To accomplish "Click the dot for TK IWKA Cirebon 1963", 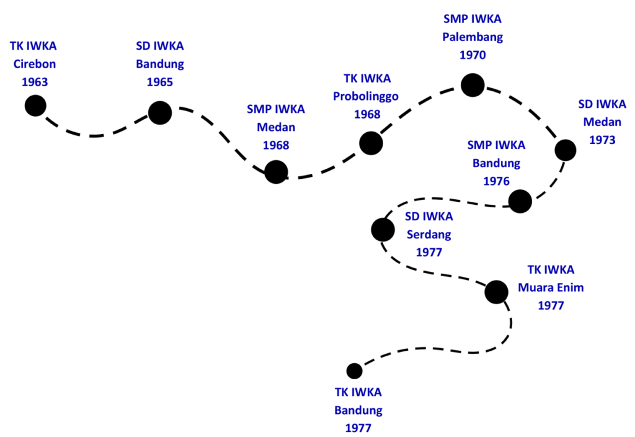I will tap(35, 106).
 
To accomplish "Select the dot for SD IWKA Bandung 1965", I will tap(160, 112).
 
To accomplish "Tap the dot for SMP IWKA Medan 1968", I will tap(276, 171).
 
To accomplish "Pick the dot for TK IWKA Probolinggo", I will tap(371, 143).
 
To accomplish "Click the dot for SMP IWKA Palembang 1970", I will tap(473, 85).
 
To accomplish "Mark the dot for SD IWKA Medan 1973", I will tap(565, 150).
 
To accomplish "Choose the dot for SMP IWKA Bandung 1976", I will tap(520, 201).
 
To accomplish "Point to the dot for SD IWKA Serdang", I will tap(383, 230).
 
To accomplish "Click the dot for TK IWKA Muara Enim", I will tap(496, 291).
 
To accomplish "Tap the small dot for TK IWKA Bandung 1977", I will tap(354, 371).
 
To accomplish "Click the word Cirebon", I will tap(34, 63).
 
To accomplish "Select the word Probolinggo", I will tap(366, 96).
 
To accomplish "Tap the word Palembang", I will tap(473, 37).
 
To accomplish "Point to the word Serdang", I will tap(429, 235).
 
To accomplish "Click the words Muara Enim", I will tap(551, 287).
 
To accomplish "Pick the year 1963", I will tap(34, 81).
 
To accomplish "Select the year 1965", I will tap(160, 81).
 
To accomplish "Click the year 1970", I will tap(473, 55).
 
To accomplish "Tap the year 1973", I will tap(602, 140).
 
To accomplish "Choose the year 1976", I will tap(495, 181).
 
